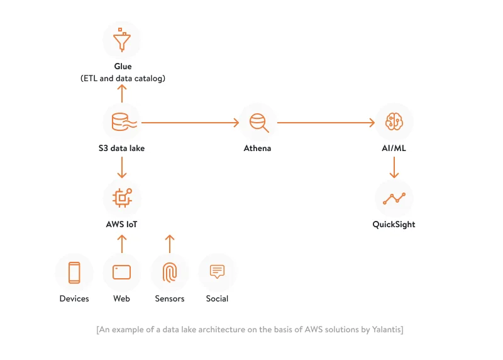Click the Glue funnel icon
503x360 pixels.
(x=122, y=40)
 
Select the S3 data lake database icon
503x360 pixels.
(x=122, y=122)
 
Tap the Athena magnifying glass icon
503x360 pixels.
(x=258, y=122)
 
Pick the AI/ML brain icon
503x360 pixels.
(x=394, y=122)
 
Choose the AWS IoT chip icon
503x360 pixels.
(x=122, y=198)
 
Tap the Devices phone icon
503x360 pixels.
(x=74, y=273)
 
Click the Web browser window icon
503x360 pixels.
(x=122, y=273)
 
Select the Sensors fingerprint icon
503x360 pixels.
(x=170, y=273)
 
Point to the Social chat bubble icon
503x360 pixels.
(x=217, y=272)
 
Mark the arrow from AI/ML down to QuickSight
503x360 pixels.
(x=394, y=167)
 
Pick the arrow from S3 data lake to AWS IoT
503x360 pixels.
(x=122, y=167)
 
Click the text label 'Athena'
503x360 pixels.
(x=258, y=149)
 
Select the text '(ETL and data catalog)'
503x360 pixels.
(x=123, y=78)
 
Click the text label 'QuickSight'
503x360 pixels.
(x=394, y=224)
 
